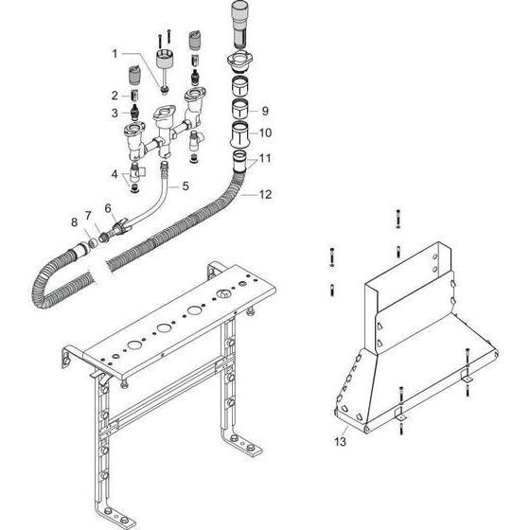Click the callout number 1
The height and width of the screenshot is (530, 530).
point(115,54)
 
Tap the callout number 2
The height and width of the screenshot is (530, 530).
point(115,96)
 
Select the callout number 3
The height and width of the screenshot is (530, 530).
point(115,113)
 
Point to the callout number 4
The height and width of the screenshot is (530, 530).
point(115,174)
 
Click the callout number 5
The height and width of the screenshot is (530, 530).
point(185,185)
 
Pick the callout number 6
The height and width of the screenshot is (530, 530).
point(108,208)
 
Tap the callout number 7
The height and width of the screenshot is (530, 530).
point(88,216)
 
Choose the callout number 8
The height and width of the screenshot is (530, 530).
point(75,222)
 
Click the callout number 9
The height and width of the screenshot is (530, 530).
point(265,111)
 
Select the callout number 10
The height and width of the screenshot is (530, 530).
point(265,132)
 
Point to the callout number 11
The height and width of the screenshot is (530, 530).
point(265,158)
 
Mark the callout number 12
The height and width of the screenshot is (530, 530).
point(265,194)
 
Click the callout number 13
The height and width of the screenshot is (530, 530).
point(341,441)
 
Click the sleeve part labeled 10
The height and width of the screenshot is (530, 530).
point(239,134)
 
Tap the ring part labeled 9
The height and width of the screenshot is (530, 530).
point(239,109)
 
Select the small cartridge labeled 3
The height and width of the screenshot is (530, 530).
point(135,113)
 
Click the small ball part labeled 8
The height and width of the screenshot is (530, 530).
point(93,242)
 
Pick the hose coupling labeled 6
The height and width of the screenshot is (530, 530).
point(119,225)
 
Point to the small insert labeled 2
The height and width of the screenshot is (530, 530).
point(134,96)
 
